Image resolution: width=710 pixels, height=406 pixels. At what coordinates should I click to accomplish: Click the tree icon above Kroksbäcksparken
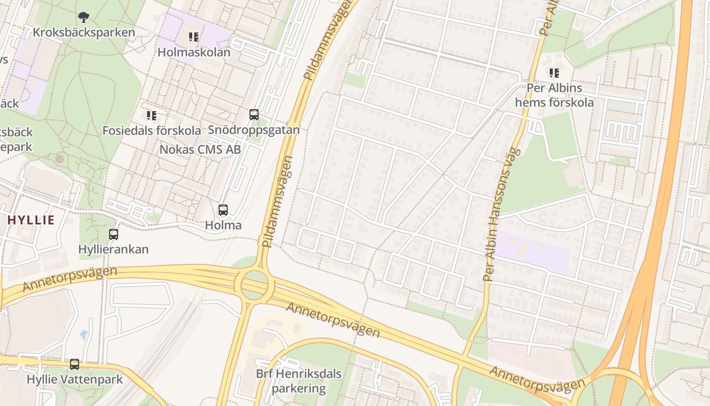pyautogui.click(x=84, y=17)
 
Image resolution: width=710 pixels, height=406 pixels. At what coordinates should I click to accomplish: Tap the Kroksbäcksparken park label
pyautogui.click(x=84, y=32)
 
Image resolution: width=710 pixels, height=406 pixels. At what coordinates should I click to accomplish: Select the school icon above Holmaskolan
pyautogui.click(x=193, y=37)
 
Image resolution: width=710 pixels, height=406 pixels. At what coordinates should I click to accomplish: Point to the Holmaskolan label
pyautogui.click(x=194, y=52)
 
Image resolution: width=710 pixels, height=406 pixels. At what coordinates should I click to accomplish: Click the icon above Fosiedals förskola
pyautogui.click(x=151, y=116)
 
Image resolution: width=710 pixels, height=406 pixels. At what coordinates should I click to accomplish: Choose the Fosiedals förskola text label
pyautogui.click(x=152, y=130)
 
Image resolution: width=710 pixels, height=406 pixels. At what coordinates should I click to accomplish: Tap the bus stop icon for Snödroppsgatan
pyautogui.click(x=254, y=115)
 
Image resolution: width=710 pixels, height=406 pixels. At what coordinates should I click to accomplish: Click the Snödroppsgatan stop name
pyautogui.click(x=254, y=130)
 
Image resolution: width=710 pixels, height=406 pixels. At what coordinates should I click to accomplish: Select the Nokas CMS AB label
pyautogui.click(x=200, y=150)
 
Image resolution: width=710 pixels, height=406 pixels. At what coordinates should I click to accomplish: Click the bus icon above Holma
pyautogui.click(x=223, y=210)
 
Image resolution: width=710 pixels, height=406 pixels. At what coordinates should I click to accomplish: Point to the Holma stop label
pyautogui.click(x=223, y=225)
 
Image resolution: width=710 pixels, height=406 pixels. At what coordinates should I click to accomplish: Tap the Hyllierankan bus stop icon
pyautogui.click(x=114, y=234)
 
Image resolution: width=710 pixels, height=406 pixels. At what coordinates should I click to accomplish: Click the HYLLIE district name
pyautogui.click(x=31, y=220)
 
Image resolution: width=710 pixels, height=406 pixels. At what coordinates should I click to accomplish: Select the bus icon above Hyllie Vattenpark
pyautogui.click(x=75, y=364)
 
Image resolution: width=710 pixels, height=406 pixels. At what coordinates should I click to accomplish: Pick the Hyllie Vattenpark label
pyautogui.click(x=75, y=380)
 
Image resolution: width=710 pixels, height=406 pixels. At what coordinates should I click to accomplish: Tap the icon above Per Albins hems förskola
pyautogui.click(x=554, y=73)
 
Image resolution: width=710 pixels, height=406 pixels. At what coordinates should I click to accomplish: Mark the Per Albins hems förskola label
pyautogui.click(x=554, y=95)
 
